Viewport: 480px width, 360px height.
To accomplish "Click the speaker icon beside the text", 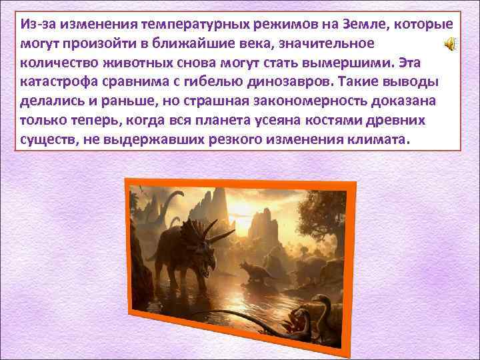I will [451, 45].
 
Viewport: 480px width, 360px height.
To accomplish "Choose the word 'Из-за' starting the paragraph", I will [37, 25].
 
